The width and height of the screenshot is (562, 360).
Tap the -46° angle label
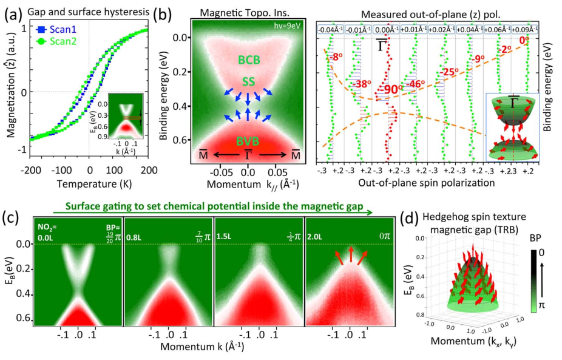pyautogui.click(x=416, y=84)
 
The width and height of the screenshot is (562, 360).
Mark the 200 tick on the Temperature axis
pyautogui.click(x=147, y=171)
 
